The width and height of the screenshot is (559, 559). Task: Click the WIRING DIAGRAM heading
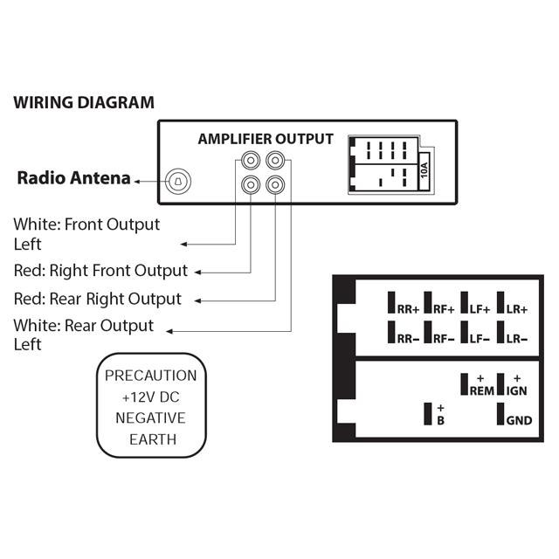click(x=84, y=102)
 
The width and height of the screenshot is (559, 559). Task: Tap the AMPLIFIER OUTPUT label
click(x=266, y=139)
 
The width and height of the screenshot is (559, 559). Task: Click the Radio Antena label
click(x=74, y=179)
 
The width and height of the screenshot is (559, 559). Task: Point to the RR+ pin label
click(x=408, y=308)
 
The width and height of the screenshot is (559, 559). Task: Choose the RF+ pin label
click(x=445, y=308)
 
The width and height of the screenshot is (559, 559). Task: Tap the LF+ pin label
click(x=480, y=308)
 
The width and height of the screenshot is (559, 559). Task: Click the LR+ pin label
click(x=517, y=308)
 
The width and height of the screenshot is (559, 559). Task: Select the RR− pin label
click(x=408, y=338)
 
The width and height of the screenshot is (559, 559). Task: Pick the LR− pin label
click(x=517, y=338)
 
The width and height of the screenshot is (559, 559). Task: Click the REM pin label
click(x=481, y=390)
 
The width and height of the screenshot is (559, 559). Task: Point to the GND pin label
click(x=519, y=420)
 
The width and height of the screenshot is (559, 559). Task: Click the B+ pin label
click(x=441, y=415)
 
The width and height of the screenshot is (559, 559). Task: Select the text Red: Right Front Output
click(x=100, y=270)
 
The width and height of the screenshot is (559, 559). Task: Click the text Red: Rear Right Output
click(x=98, y=299)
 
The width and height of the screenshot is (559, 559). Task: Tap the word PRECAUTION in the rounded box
click(x=150, y=376)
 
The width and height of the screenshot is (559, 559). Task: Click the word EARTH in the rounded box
click(x=150, y=438)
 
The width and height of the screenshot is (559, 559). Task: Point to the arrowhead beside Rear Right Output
click(x=199, y=300)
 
